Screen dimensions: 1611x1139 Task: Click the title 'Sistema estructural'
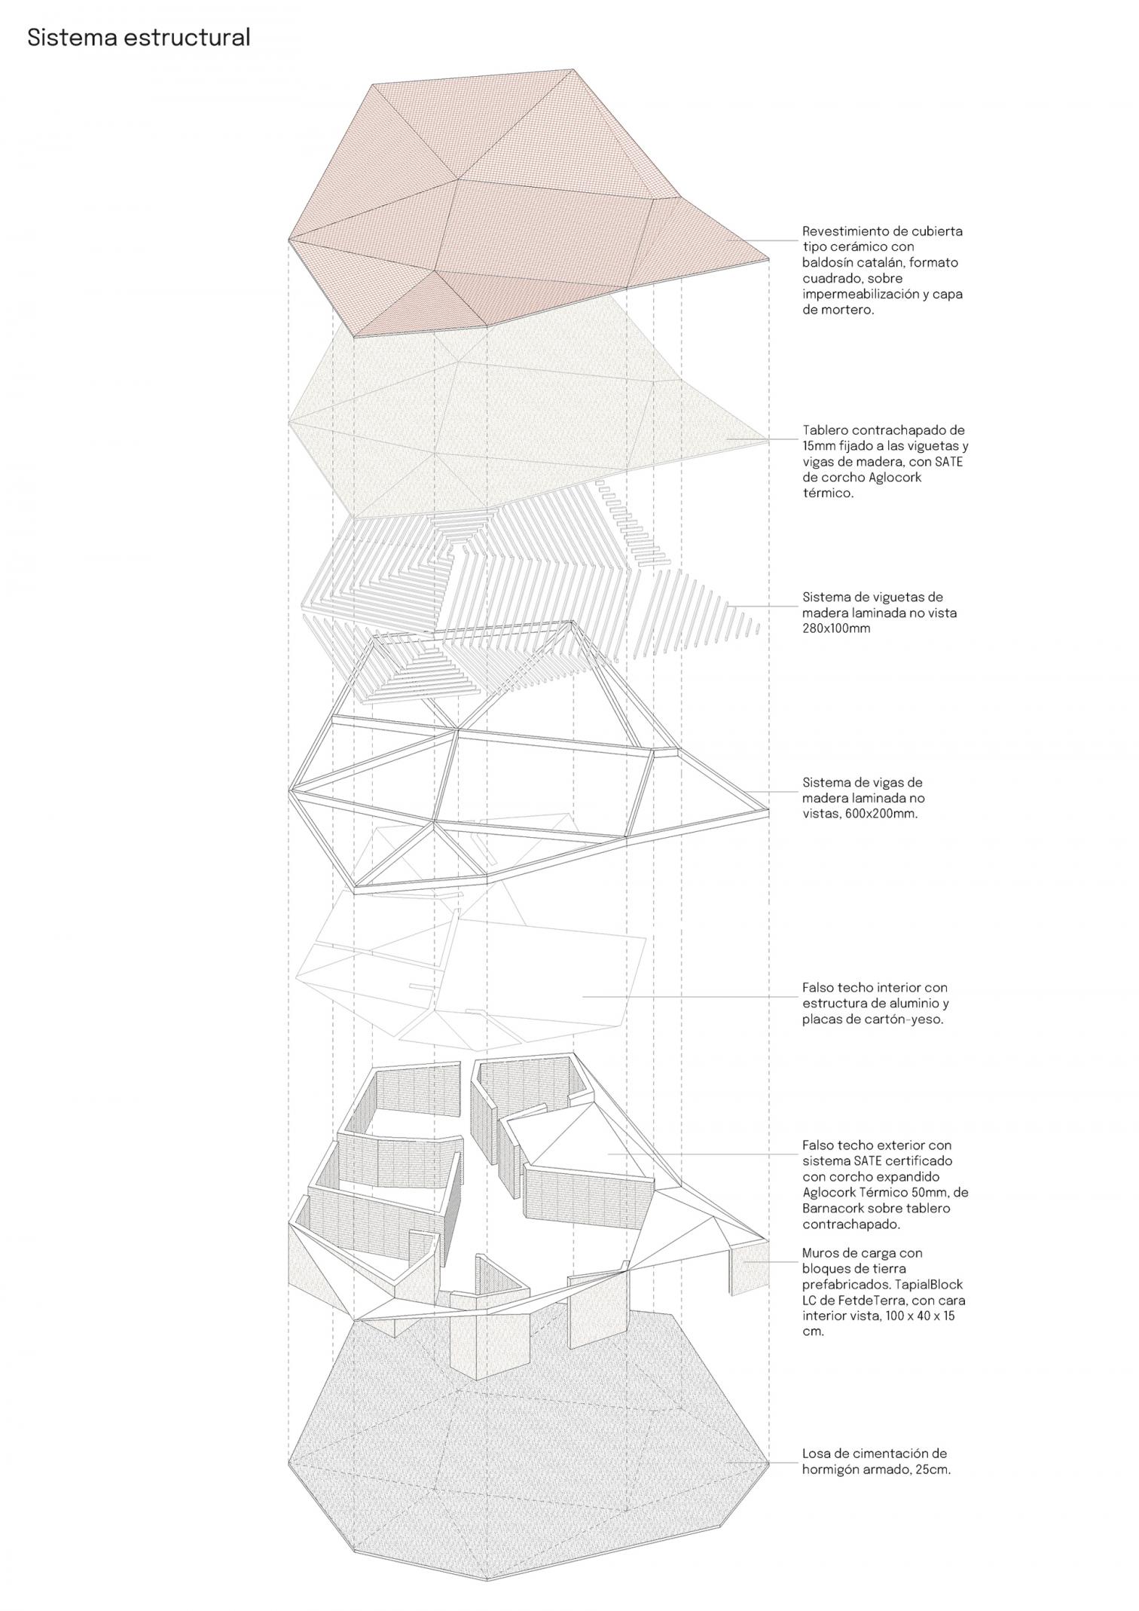139,38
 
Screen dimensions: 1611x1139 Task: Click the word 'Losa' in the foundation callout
817,1453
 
